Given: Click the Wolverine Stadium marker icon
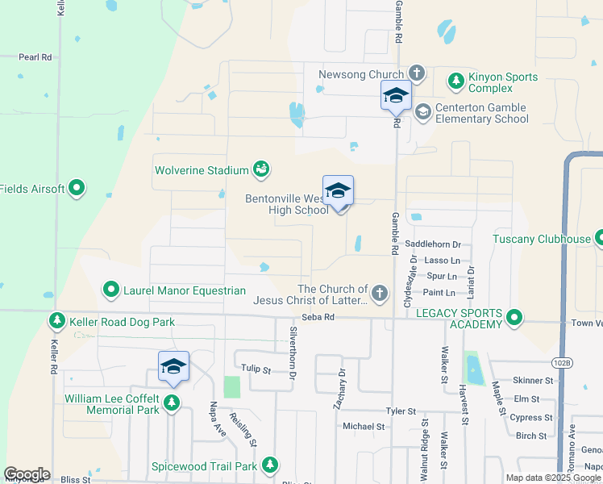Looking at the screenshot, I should coord(261,169).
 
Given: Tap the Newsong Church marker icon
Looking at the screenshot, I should coord(417,73).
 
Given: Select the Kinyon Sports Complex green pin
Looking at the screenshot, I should coord(456,81).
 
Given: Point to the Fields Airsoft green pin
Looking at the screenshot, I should coord(77,189).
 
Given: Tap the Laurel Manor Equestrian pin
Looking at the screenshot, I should coord(110,289).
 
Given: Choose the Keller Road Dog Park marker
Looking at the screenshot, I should coord(56,322).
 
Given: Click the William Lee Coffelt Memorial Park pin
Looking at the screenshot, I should coord(172,403).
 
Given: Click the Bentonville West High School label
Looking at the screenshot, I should coord(286,204).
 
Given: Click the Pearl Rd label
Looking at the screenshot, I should coord(35,57).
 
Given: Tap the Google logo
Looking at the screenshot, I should coord(27,474).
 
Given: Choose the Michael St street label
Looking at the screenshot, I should coord(364,426).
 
